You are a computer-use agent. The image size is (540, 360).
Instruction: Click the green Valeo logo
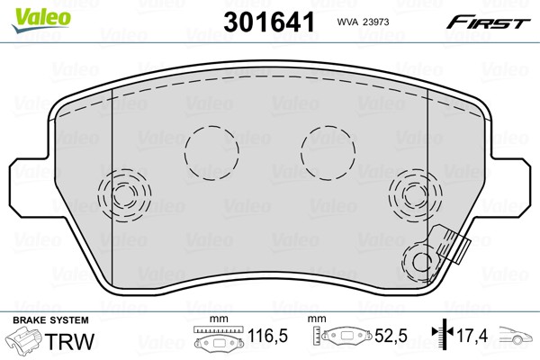pos(41,21)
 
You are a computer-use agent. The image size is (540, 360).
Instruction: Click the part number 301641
pos(269,22)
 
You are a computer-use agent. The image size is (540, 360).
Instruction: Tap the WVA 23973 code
pos(363,22)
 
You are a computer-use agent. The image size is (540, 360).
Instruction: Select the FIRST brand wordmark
pos(488,22)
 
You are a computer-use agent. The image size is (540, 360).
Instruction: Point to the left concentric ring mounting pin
pos(124,195)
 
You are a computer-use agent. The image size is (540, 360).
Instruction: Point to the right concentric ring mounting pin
pos(415,195)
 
